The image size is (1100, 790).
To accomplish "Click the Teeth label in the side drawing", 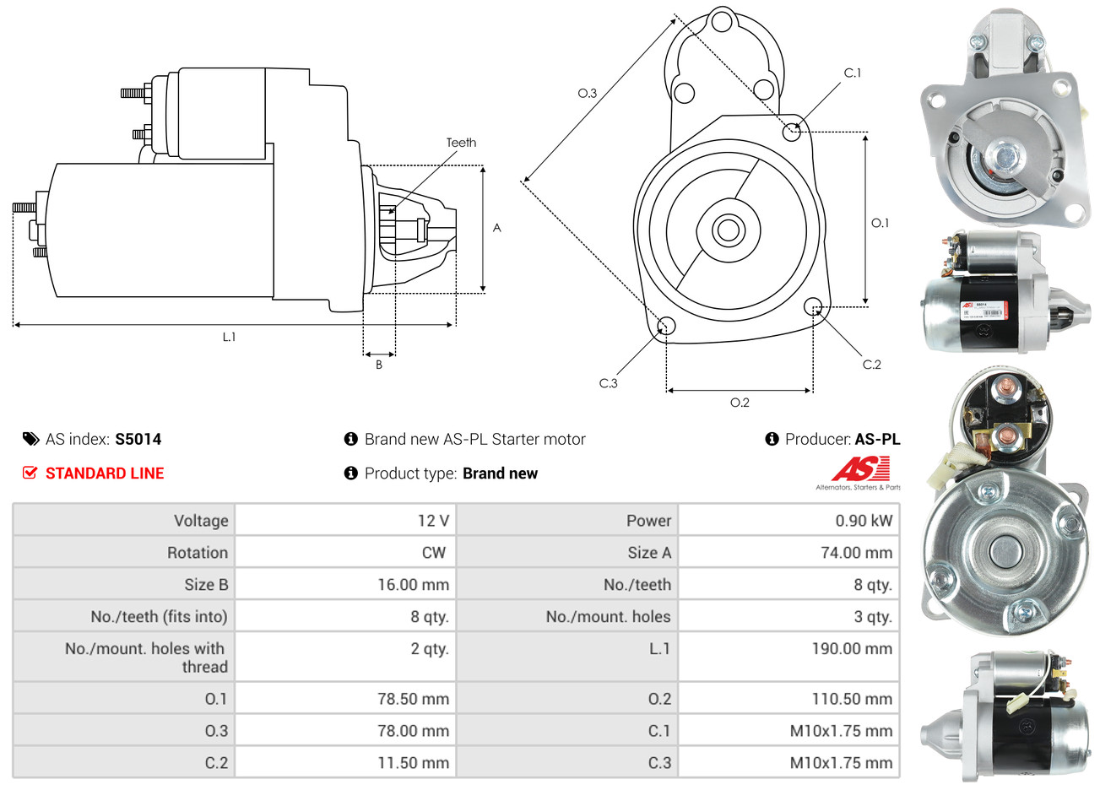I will (461, 143).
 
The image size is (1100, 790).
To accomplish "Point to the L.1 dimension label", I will (229, 337).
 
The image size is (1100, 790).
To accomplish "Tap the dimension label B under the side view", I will (379, 365).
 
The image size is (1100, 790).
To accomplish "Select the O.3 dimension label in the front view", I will (587, 93).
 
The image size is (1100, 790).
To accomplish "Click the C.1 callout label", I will (853, 73).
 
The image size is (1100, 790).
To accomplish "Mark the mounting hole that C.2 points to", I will (814, 306).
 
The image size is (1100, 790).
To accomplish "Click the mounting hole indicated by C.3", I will (666, 326).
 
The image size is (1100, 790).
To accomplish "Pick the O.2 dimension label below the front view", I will (740, 403).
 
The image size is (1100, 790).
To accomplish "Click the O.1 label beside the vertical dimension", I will (880, 223).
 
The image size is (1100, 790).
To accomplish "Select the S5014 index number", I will (138, 439).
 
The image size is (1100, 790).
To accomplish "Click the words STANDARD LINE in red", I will (105, 473).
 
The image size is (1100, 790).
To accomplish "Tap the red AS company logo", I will (860, 469).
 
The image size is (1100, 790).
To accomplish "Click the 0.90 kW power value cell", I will (864, 521).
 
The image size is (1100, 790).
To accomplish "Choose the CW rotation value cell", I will (433, 553).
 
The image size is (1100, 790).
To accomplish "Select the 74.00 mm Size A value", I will (856, 553).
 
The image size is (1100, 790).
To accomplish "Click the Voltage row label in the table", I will (201, 521).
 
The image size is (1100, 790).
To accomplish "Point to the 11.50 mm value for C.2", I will (413, 763).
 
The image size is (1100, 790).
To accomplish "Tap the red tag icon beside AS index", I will (30, 439).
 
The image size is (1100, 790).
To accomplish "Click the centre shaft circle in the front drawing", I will (726, 230).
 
